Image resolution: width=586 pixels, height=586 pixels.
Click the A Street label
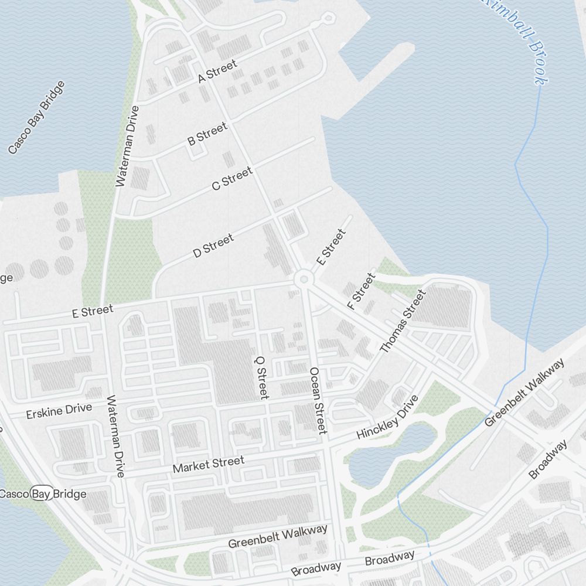[x=217, y=71]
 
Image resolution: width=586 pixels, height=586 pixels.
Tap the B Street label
[x=207, y=134]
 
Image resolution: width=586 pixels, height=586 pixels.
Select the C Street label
[x=232, y=178]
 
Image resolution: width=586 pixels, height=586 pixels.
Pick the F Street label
[x=360, y=291]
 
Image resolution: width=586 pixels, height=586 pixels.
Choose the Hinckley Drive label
[x=387, y=417]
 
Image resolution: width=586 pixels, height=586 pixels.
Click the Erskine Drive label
[x=59, y=411]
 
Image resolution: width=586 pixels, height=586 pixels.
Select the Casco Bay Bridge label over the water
[x=36, y=117]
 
